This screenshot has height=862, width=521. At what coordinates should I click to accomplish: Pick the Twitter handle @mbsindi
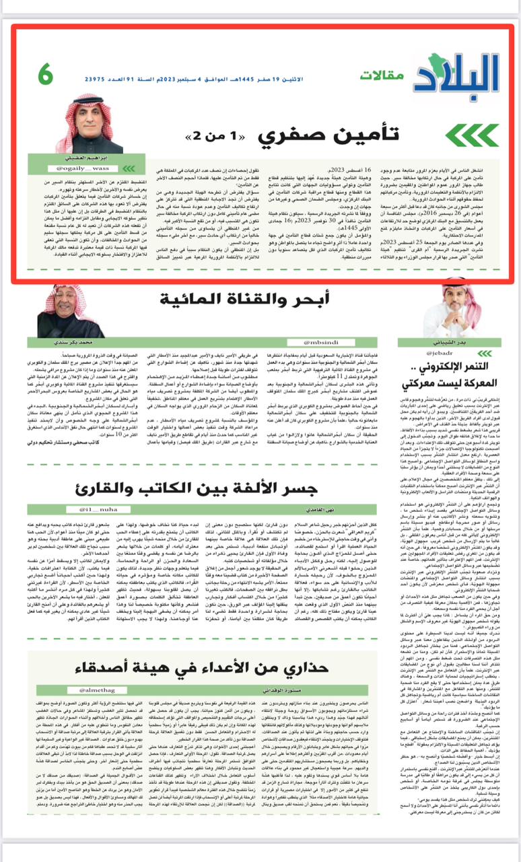(x=323, y=342)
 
